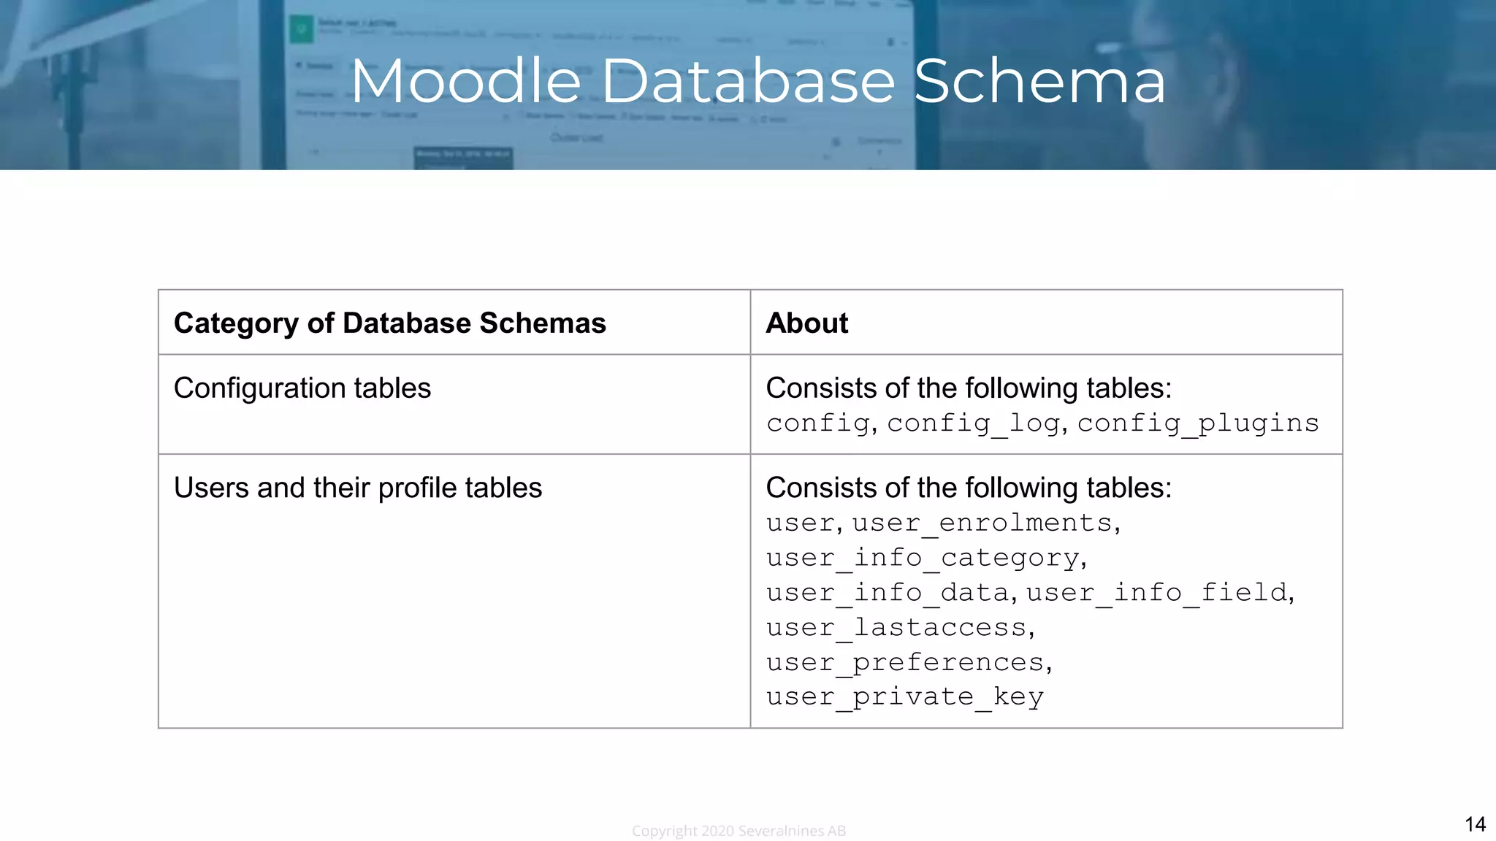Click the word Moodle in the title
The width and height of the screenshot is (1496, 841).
(x=466, y=81)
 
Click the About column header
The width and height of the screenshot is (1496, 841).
(x=806, y=323)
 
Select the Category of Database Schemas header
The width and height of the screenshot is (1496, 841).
(x=389, y=323)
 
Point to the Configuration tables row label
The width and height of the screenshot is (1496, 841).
(x=302, y=388)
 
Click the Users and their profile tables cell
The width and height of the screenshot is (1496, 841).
(x=357, y=488)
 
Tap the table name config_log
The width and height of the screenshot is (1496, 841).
(x=973, y=423)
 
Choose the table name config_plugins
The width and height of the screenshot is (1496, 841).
(x=1198, y=423)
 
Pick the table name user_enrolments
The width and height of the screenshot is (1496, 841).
(x=982, y=523)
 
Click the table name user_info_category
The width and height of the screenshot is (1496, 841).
(x=922, y=558)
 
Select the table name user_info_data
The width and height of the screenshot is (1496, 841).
(x=887, y=592)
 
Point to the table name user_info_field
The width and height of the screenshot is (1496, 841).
(x=1156, y=592)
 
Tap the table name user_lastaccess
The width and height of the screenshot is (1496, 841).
(x=896, y=627)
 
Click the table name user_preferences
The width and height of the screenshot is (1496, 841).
(x=904, y=662)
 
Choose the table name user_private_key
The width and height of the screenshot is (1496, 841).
(x=904, y=696)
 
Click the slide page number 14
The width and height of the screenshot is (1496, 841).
(x=1474, y=824)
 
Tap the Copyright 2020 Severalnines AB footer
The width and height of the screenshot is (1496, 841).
(x=739, y=831)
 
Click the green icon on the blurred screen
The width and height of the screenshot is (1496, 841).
(x=301, y=30)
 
